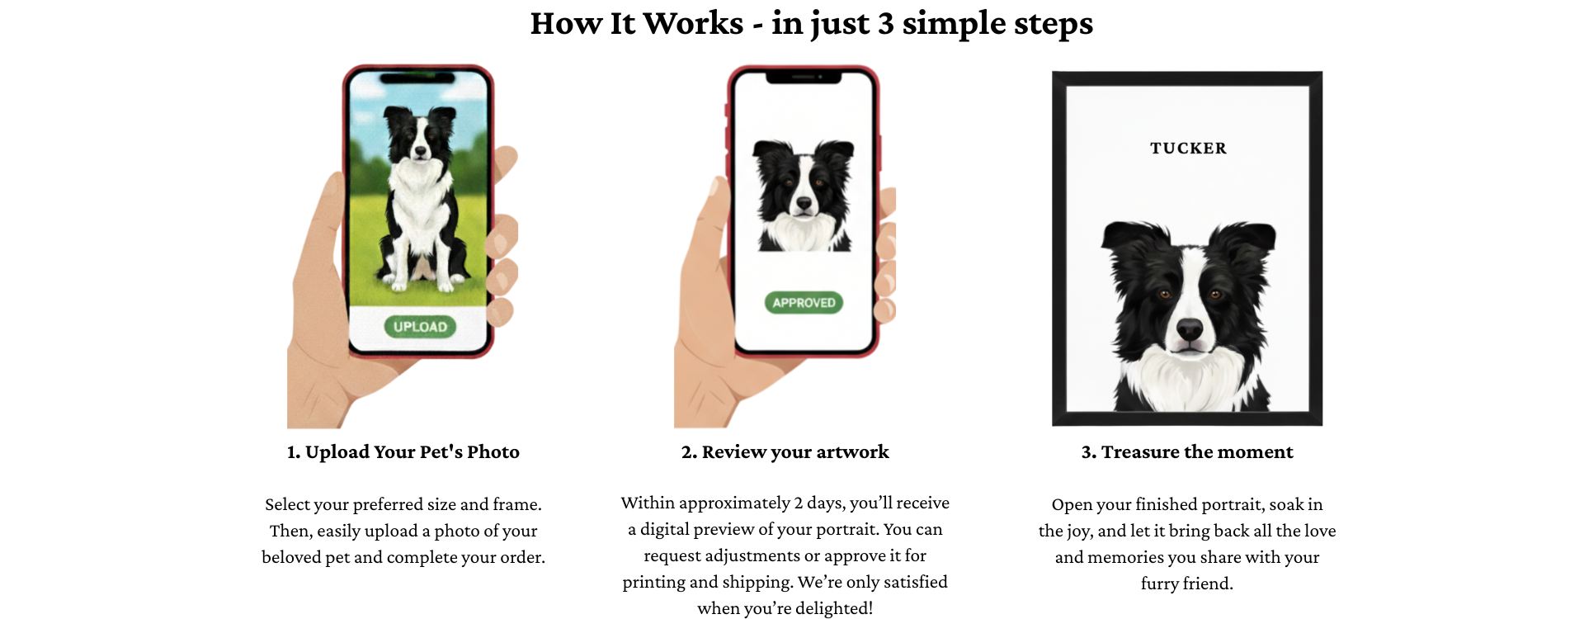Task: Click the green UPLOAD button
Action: [x=420, y=326]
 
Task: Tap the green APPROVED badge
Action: [x=804, y=303]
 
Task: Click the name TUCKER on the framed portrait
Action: [x=1188, y=149]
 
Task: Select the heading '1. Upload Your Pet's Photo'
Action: [x=403, y=452]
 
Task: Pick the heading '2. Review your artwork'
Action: [x=785, y=452]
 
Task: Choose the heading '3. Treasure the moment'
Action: [x=1187, y=452]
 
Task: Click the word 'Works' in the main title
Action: [x=693, y=23]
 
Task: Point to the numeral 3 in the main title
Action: [x=885, y=23]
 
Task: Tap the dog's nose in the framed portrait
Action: [x=1190, y=330]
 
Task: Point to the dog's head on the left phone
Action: [x=420, y=133]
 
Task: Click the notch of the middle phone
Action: [x=804, y=77]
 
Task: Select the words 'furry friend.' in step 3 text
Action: [x=1187, y=584]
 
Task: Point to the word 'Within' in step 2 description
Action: [x=648, y=503]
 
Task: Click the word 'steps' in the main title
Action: [x=1053, y=25]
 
